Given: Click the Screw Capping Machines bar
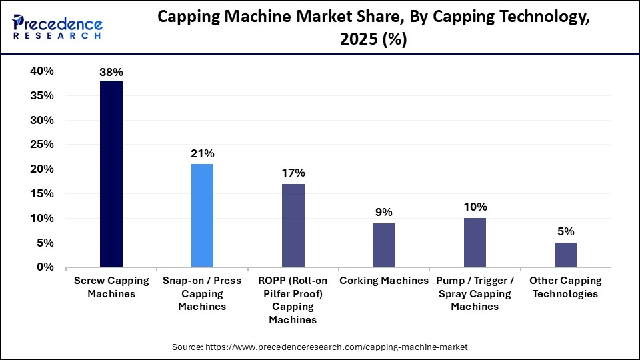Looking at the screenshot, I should (x=111, y=174).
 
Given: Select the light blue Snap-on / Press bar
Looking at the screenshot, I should (x=202, y=215).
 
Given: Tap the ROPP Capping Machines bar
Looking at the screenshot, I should (x=293, y=225).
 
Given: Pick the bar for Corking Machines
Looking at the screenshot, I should (x=383, y=245).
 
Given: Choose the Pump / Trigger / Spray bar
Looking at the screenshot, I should (x=474, y=242).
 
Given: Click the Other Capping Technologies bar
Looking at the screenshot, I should (x=565, y=255).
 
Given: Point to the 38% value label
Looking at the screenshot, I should (x=111, y=71).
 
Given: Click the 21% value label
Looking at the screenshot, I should (x=202, y=153).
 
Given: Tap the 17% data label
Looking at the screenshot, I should (x=293, y=173).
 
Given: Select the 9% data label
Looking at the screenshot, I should (x=383, y=213).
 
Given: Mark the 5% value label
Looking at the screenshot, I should (x=565, y=232).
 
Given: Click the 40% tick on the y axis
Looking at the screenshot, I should (x=41, y=71).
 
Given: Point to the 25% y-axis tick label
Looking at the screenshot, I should (x=41, y=145).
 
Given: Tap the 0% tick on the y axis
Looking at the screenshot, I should (x=45, y=267).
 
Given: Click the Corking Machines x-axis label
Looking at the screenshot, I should (x=383, y=281).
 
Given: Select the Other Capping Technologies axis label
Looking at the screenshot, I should (x=565, y=287).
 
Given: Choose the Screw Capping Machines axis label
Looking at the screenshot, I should (x=111, y=287).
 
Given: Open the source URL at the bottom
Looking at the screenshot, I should (x=320, y=347).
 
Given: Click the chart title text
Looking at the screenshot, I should (x=373, y=27).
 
